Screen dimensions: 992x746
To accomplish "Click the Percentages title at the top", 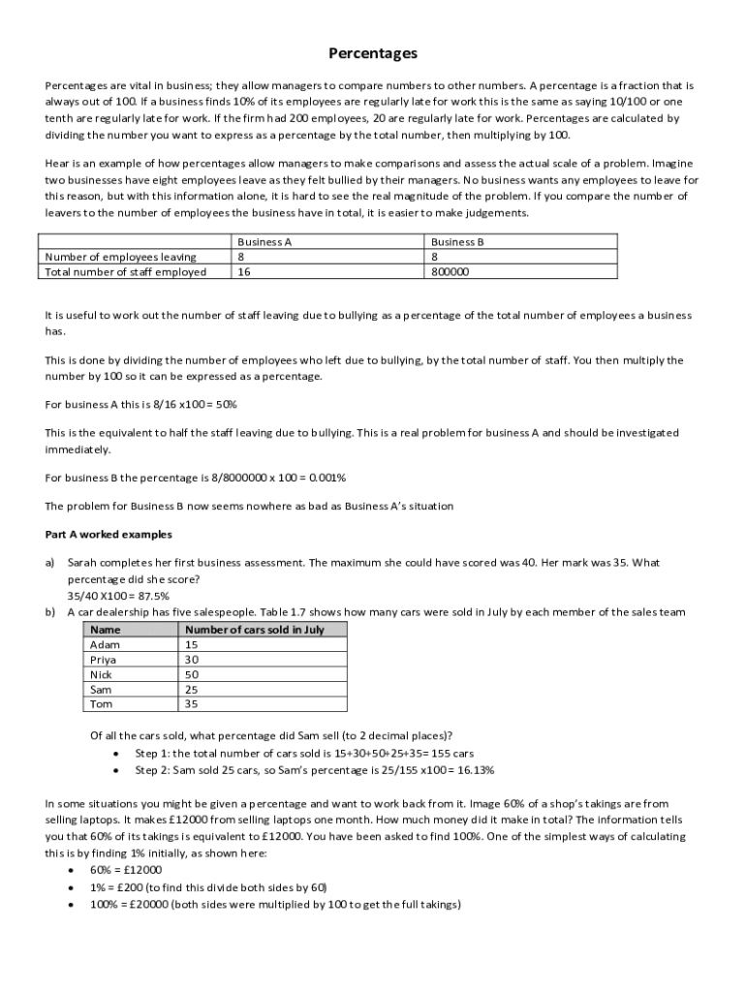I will [x=372, y=53].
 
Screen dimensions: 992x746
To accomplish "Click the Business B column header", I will [x=457, y=242].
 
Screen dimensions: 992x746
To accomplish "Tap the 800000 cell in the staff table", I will [x=451, y=272].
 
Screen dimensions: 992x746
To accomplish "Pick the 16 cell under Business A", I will [x=243, y=272].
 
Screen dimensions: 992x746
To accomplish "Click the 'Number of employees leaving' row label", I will [x=121, y=257].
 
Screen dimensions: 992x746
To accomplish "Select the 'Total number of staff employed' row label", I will [x=126, y=272].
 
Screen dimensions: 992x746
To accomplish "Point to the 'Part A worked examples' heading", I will [x=109, y=534].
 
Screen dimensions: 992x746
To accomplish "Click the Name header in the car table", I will [x=105, y=630].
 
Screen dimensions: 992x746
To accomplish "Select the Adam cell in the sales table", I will [x=105, y=644].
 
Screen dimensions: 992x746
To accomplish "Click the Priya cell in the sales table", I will [x=103, y=660].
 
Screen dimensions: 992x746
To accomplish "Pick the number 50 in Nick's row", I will [x=192, y=674].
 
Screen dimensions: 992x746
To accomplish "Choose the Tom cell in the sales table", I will [x=101, y=704].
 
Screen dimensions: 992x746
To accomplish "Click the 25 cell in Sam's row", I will [x=192, y=690].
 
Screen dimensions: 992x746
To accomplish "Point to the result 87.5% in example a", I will [x=150, y=596].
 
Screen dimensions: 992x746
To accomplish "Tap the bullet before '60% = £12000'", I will [x=72, y=870].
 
